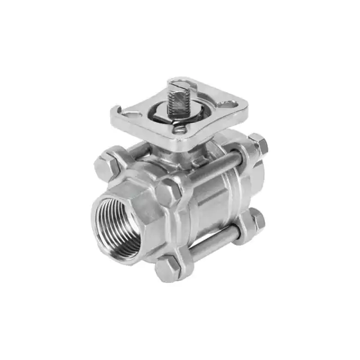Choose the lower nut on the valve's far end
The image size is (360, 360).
pos(255,219)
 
